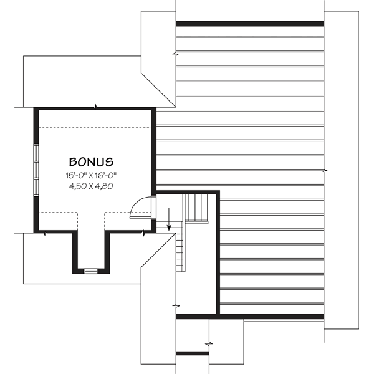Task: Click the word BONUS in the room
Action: tap(91, 161)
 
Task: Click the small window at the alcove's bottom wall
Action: tap(91, 271)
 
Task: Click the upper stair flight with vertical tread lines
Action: tap(196, 207)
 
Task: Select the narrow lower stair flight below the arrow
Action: tap(181, 249)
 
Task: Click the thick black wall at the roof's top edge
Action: tap(249, 24)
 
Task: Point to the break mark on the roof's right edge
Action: tap(324, 170)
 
